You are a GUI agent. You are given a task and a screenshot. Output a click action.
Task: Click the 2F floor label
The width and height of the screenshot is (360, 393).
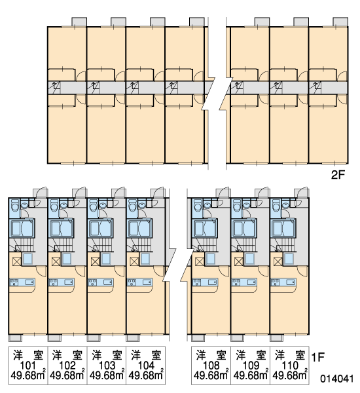(338, 175)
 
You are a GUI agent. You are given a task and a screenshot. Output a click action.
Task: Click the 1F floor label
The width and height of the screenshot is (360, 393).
(317, 357)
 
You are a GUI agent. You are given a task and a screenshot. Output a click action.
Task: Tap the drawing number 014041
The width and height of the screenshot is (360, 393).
(337, 379)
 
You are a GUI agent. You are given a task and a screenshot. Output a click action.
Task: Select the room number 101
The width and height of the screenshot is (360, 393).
(28, 365)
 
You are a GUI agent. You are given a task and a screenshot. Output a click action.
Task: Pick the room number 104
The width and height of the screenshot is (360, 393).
(146, 365)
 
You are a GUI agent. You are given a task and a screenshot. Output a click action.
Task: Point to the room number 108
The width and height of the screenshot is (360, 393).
(211, 365)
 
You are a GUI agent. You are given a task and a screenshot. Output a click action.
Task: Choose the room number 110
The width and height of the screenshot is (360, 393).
(289, 365)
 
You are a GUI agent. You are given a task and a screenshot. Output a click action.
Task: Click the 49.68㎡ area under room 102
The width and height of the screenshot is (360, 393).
(67, 375)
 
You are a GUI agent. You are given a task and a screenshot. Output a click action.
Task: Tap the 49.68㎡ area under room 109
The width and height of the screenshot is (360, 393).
(251, 375)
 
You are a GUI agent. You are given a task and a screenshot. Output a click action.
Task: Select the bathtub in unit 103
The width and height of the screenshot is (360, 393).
(100, 228)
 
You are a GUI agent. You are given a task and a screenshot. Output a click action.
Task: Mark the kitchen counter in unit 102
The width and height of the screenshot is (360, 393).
(62, 282)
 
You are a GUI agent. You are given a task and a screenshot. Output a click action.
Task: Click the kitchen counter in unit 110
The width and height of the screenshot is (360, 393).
(283, 282)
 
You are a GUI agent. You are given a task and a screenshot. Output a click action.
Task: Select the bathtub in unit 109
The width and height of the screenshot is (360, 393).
(243, 228)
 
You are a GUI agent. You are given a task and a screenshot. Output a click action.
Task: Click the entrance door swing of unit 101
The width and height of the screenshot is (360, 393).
(41, 191)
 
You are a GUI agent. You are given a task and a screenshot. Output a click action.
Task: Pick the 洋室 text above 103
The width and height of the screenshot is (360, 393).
(107, 356)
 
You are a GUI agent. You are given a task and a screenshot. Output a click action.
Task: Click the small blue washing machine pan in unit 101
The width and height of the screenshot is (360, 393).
(27, 259)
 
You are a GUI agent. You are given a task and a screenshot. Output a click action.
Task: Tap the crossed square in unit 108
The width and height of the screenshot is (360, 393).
(199, 261)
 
